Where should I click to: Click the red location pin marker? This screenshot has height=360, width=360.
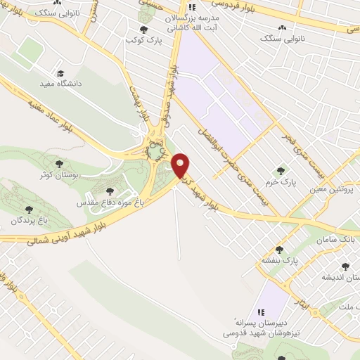181,165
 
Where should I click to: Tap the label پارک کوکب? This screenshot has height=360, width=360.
143,41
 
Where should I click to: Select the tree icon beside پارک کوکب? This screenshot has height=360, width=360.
143,30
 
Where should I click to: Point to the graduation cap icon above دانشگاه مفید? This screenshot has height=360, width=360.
61,72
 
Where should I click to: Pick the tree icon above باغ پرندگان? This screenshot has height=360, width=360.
28,209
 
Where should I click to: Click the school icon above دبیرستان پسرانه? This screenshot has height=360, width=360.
259,311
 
